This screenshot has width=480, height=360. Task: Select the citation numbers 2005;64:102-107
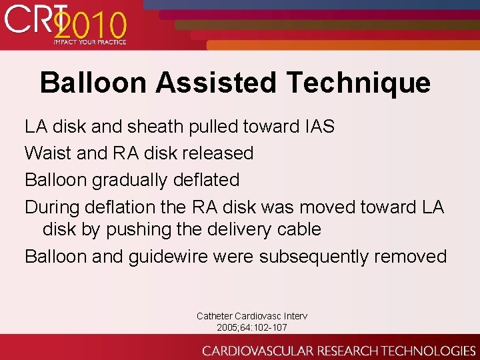click(x=252, y=327)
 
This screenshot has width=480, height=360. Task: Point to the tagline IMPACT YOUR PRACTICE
click(x=89, y=43)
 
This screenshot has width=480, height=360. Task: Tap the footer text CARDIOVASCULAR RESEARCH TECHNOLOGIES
click(x=339, y=350)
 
